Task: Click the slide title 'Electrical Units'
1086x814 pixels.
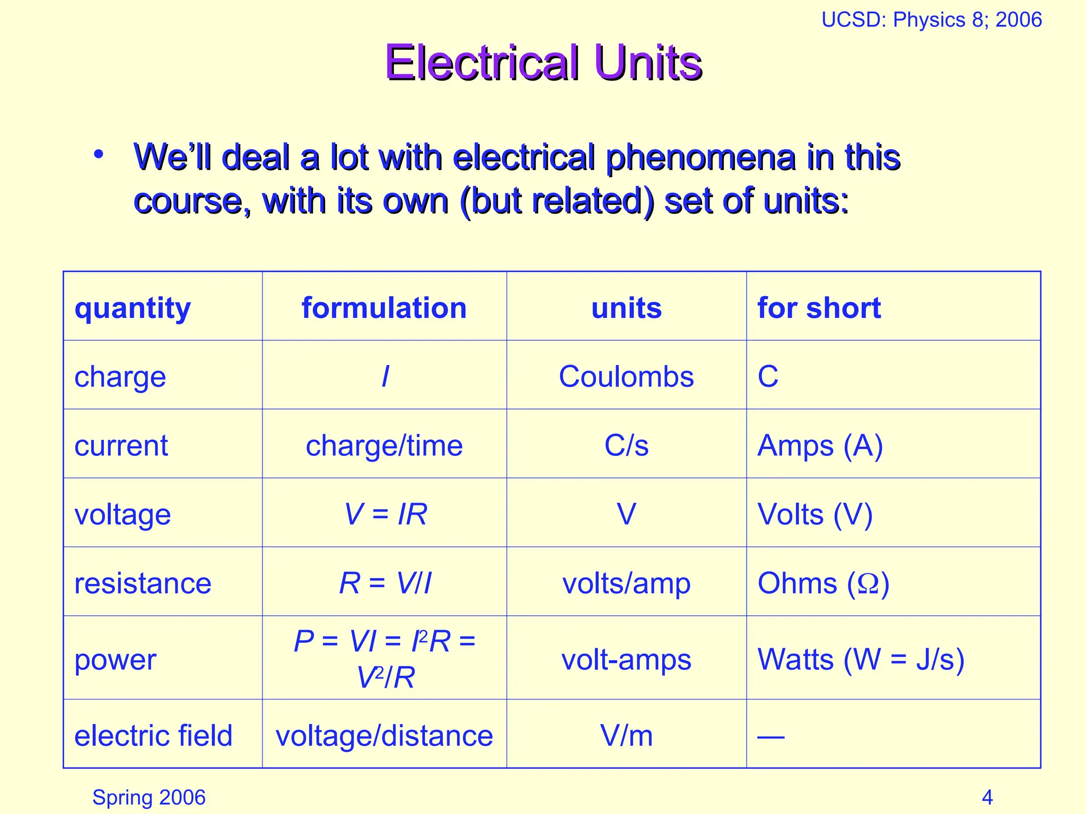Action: click(x=544, y=63)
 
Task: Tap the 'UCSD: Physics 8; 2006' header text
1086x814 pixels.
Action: click(x=931, y=20)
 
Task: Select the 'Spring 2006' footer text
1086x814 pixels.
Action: click(x=148, y=797)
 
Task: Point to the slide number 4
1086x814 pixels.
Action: click(x=987, y=797)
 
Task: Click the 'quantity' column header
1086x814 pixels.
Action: click(x=133, y=308)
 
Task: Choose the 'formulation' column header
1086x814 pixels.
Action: click(x=384, y=308)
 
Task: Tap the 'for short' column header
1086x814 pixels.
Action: click(x=819, y=308)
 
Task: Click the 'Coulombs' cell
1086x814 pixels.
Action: click(x=626, y=377)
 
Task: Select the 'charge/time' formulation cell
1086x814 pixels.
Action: click(x=384, y=446)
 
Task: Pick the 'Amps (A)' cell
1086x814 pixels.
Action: click(x=820, y=446)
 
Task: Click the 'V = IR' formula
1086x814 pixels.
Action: click(x=385, y=515)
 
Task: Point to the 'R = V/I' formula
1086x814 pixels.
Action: click(x=385, y=583)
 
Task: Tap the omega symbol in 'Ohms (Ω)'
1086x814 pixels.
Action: click(x=868, y=584)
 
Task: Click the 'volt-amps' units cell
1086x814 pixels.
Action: click(x=626, y=660)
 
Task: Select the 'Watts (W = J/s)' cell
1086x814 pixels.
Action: click(x=861, y=660)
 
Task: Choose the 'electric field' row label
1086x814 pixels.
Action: click(x=153, y=736)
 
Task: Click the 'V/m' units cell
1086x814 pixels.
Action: click(x=626, y=736)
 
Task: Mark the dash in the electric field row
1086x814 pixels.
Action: click(x=770, y=736)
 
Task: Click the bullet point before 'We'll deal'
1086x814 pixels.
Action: click(x=98, y=155)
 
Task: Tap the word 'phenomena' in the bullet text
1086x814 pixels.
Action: click(x=700, y=158)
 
